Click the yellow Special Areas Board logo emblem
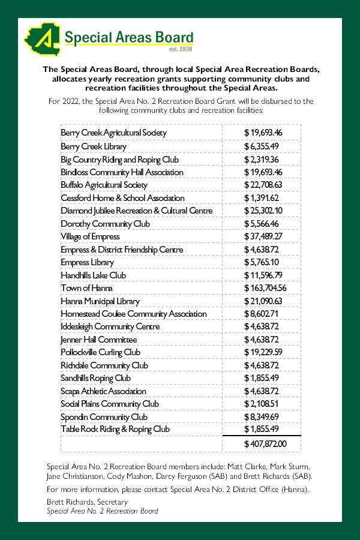tap(40, 40)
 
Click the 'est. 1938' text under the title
tap(181, 49)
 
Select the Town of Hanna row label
tap(83, 288)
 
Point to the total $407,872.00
tap(265, 444)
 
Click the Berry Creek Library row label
tap(94, 146)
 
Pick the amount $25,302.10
tap(263, 211)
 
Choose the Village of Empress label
tap(90, 236)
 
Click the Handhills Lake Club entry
tap(93, 275)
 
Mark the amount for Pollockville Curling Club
tap(263, 352)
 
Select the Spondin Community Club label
tap(104, 417)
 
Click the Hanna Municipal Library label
tap(100, 301)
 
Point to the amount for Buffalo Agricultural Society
tap(263, 185)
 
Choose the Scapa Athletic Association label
tap(103, 391)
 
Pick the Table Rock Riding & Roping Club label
tap(115, 429)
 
